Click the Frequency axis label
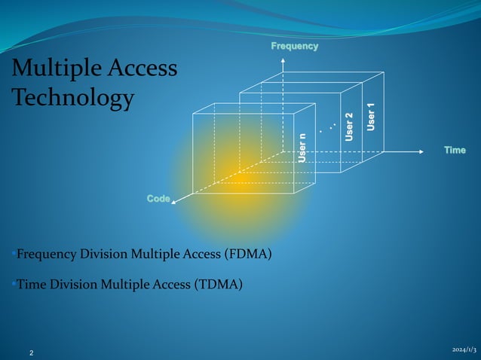(295, 47)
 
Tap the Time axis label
(455, 151)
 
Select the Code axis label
(158, 198)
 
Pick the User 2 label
(349, 127)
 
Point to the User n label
(302, 147)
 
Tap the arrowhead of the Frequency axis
(283, 58)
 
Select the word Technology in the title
(73, 98)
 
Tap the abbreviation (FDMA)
(248, 254)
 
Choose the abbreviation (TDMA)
(219, 284)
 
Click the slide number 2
(32, 352)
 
